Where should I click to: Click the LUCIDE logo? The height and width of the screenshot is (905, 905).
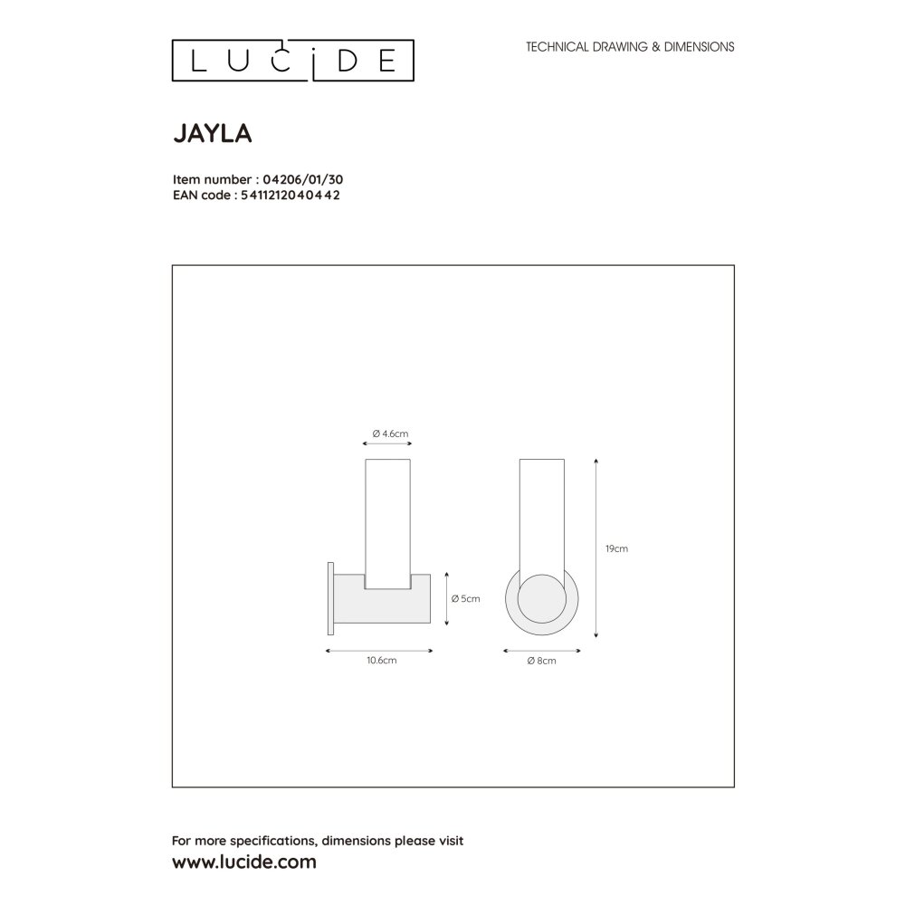(292, 61)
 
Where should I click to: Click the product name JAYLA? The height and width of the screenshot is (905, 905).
(213, 133)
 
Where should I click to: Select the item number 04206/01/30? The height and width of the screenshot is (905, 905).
(303, 179)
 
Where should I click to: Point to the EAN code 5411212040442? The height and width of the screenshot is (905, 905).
(291, 195)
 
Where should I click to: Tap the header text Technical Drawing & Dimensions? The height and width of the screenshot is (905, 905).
(630, 47)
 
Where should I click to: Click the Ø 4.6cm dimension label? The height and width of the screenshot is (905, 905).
(390, 433)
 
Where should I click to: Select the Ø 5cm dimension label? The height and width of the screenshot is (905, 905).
(466, 598)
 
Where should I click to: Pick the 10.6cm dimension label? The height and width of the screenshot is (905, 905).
(382, 661)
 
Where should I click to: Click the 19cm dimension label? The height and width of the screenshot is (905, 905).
(616, 548)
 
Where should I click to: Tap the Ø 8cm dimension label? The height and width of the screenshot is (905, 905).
(541, 661)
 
